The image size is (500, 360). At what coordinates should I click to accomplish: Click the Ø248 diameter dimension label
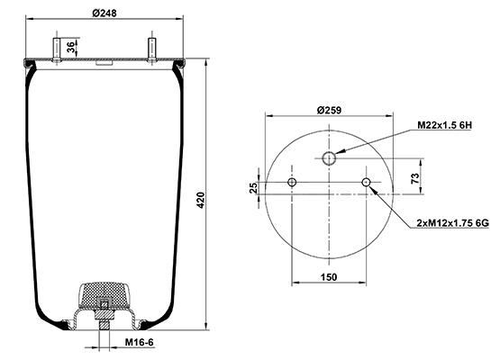point(105,13)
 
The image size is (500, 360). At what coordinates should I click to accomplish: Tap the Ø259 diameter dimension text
point(329,110)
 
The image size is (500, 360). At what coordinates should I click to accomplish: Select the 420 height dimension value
point(201,200)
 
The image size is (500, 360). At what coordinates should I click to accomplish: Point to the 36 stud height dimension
point(72,47)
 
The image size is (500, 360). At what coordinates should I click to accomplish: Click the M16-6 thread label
point(139,342)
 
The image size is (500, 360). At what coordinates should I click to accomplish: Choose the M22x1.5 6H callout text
point(444,125)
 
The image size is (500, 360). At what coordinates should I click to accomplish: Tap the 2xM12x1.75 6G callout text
point(452,223)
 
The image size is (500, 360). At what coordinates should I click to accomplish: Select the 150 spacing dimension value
point(329,277)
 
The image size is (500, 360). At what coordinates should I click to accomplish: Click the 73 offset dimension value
point(415,178)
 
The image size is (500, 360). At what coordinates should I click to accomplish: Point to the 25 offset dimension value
point(253,188)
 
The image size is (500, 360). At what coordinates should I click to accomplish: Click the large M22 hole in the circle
point(329,158)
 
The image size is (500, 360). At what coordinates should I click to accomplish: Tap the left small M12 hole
point(292,182)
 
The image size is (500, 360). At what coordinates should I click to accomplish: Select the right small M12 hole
point(366,182)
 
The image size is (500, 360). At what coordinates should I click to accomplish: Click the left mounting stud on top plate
point(57,50)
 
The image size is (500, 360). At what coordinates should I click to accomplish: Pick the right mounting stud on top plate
point(151,50)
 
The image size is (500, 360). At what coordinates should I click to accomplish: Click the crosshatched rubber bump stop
point(104,294)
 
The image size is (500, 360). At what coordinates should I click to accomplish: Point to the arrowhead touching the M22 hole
point(340,152)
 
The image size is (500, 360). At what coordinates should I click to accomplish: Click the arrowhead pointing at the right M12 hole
point(373,190)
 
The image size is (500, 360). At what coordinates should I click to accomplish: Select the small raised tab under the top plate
point(104,63)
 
